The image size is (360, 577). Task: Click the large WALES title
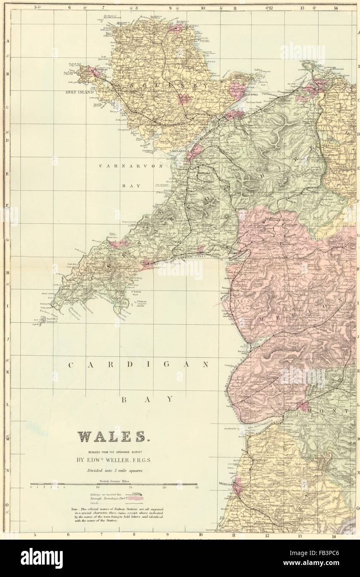pyautogui.click(x=113, y=437)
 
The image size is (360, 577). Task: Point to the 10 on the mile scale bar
pyautogui.click(x=98, y=488)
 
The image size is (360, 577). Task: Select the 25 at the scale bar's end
pyautogui.click(x=197, y=488)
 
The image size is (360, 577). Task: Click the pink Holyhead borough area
pyautogui.click(x=93, y=73)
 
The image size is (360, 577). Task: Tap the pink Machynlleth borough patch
pyautogui.click(x=302, y=405)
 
